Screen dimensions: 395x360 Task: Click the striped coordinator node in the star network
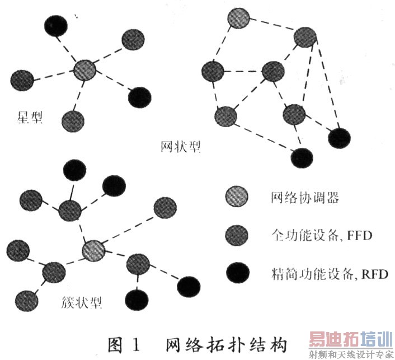pos(84,71)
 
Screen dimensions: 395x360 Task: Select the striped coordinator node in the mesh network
pos(238,18)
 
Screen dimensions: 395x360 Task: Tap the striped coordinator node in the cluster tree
pos(93,251)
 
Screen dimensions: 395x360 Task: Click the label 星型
pos(30,117)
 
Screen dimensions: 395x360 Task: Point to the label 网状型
pos(181,146)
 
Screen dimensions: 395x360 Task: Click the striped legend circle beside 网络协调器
pos(237,197)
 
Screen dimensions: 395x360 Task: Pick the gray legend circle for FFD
pos(237,235)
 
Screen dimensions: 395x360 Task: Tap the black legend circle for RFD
pos(238,273)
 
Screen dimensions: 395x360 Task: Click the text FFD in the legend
pos(360,236)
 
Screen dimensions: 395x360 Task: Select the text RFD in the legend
pos(375,274)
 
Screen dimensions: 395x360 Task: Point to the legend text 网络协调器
pos(305,198)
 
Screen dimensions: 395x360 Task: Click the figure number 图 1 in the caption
pos(124,345)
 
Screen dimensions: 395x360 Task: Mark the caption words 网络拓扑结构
pos(226,345)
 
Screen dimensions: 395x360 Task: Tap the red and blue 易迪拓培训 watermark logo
pos(351,339)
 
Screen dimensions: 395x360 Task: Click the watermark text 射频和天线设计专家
pos(351,354)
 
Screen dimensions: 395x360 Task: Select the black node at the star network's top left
pos(56,25)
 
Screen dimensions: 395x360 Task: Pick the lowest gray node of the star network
pos(73,121)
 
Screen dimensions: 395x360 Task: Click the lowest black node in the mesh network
pos(302,158)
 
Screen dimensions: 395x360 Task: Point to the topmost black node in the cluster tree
pos(74,170)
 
